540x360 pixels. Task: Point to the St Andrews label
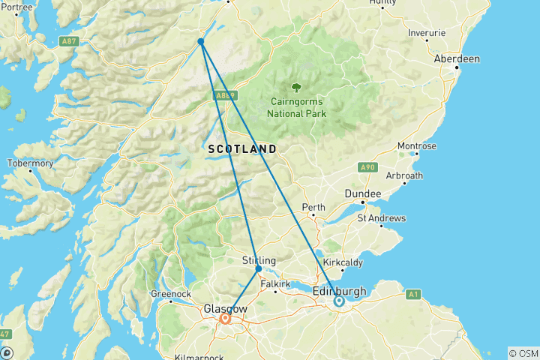[x=381, y=218]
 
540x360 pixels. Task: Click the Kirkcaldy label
[x=343, y=262]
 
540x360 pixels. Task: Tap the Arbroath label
[x=404, y=175]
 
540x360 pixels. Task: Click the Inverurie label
[x=426, y=33]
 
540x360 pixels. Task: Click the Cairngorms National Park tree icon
[x=297, y=88]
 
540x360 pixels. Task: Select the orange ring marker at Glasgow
[x=225, y=318]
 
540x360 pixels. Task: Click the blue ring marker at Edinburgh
[x=339, y=301]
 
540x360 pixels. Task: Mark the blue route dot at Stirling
[x=259, y=268]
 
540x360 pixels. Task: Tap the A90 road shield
[x=367, y=166]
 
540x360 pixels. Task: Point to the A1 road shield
[x=412, y=295]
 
